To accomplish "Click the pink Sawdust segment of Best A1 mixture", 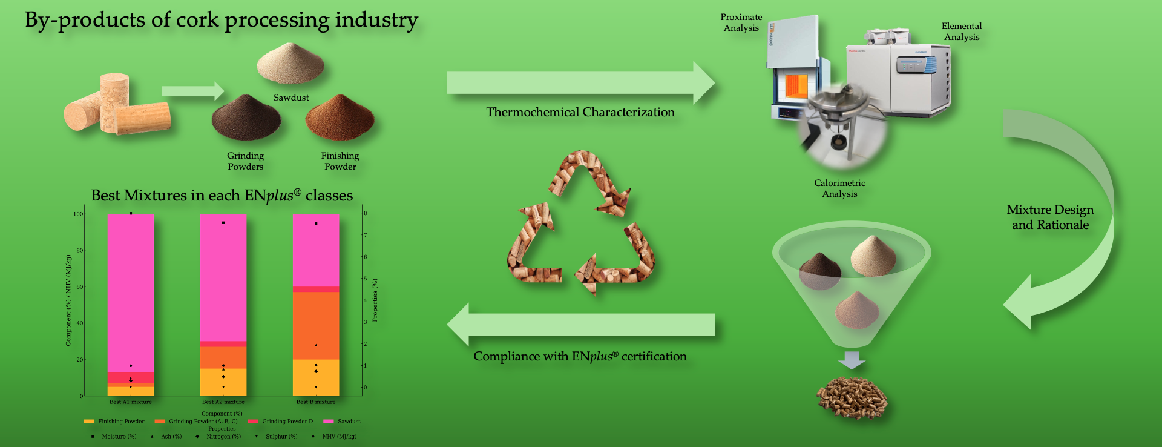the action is [x=131, y=293].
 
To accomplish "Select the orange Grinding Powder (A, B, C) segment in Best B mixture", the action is [x=316, y=326].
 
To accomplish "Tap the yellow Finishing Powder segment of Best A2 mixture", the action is [x=223, y=382].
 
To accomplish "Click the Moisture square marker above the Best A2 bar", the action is [x=223, y=223].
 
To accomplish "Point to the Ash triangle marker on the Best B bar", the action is [x=316, y=345].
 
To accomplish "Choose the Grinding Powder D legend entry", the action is [x=280, y=421].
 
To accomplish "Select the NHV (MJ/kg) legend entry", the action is [x=334, y=436].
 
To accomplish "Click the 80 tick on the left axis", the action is [x=79, y=250].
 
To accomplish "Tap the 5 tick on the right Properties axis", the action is [x=365, y=279].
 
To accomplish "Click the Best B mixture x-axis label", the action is [x=316, y=402].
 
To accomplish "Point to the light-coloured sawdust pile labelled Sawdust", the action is [x=290, y=63].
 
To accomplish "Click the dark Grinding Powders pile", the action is [x=246, y=118].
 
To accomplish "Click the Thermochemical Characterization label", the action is [x=580, y=112].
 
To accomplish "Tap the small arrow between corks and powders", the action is [x=192, y=91].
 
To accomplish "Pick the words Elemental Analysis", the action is [x=962, y=31].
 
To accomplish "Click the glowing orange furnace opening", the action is [x=796, y=86].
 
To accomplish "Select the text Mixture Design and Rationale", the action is [x=1050, y=217].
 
